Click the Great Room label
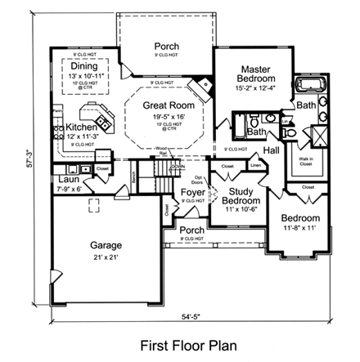168,105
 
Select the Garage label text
106,244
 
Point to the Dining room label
83,65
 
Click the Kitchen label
82,127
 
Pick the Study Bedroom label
241,195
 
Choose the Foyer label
193,192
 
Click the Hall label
272,151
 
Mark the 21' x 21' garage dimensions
106,257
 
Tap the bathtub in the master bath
310,86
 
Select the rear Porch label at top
167,46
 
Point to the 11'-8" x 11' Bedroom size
299,229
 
